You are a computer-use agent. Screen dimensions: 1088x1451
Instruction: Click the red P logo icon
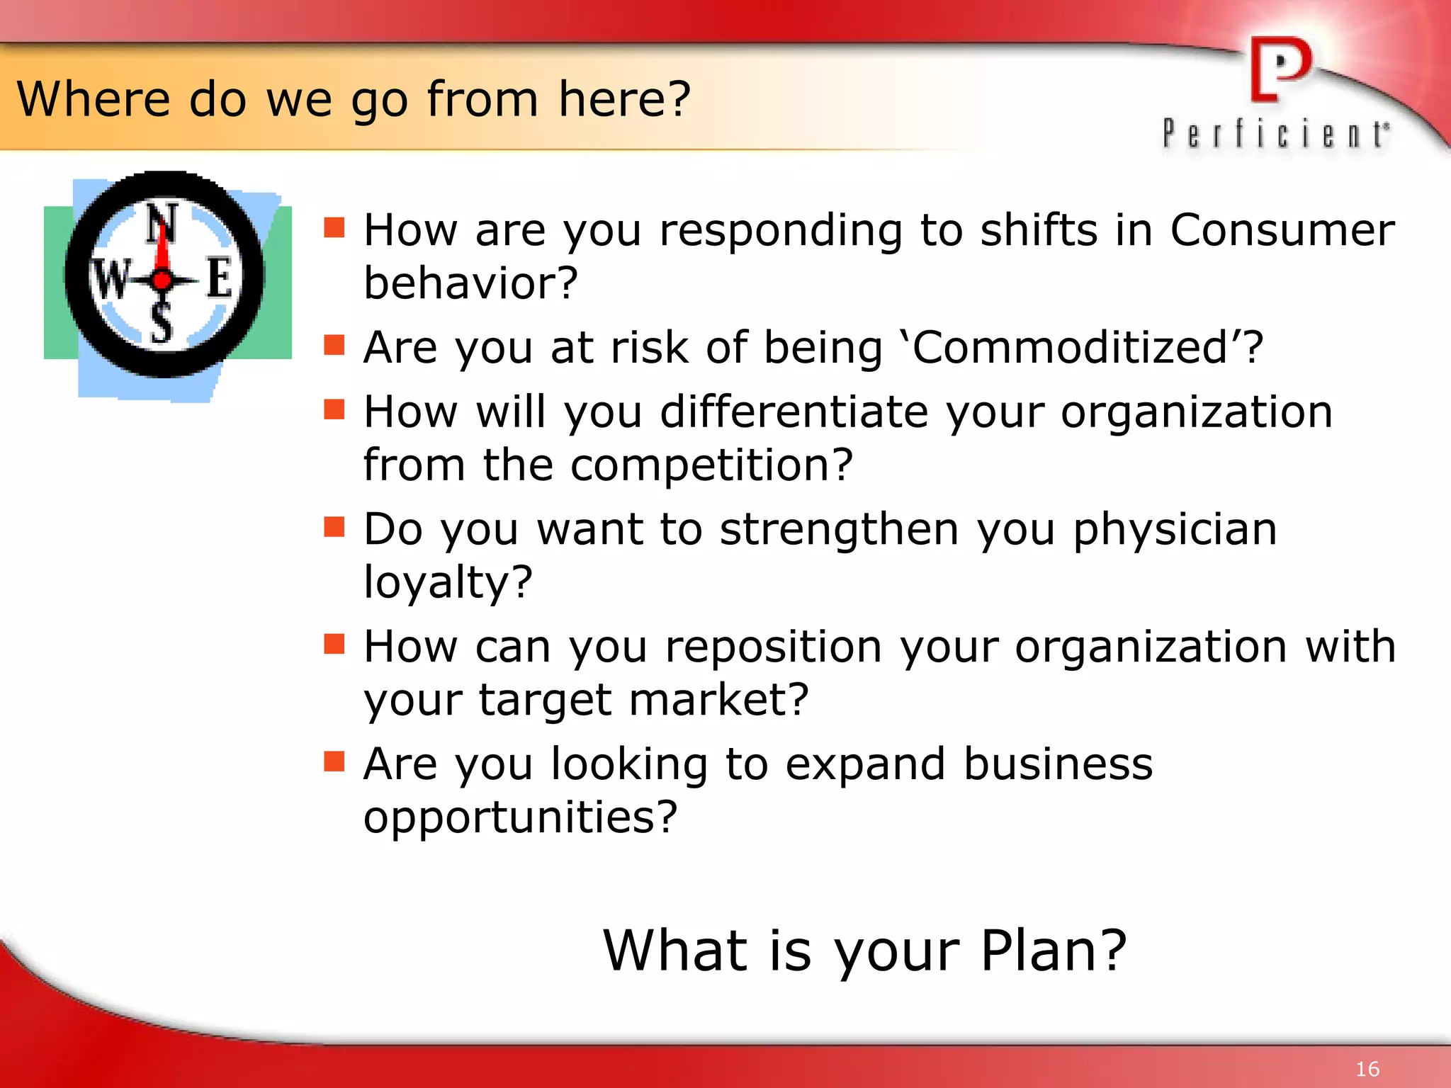1280,69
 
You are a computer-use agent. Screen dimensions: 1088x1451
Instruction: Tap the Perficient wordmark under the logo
1275,133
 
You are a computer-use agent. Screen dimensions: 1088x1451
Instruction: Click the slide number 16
1367,1069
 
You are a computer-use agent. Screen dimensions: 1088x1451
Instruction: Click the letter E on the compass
220,278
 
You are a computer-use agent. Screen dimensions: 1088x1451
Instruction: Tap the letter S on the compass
162,324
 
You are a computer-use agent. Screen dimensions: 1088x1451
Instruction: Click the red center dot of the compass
162,280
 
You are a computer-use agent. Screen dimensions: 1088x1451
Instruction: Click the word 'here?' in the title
623,98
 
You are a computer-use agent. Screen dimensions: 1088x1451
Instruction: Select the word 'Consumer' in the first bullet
1282,230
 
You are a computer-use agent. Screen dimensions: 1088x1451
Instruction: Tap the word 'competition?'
711,465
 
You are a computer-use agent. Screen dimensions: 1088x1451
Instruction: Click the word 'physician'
1175,530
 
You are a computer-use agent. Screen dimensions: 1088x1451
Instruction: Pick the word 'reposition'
773,647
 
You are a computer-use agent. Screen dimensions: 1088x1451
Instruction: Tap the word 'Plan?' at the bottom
1054,951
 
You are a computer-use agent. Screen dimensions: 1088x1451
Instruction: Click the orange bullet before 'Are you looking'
334,761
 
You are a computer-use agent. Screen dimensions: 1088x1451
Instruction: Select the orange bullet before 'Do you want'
334,526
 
